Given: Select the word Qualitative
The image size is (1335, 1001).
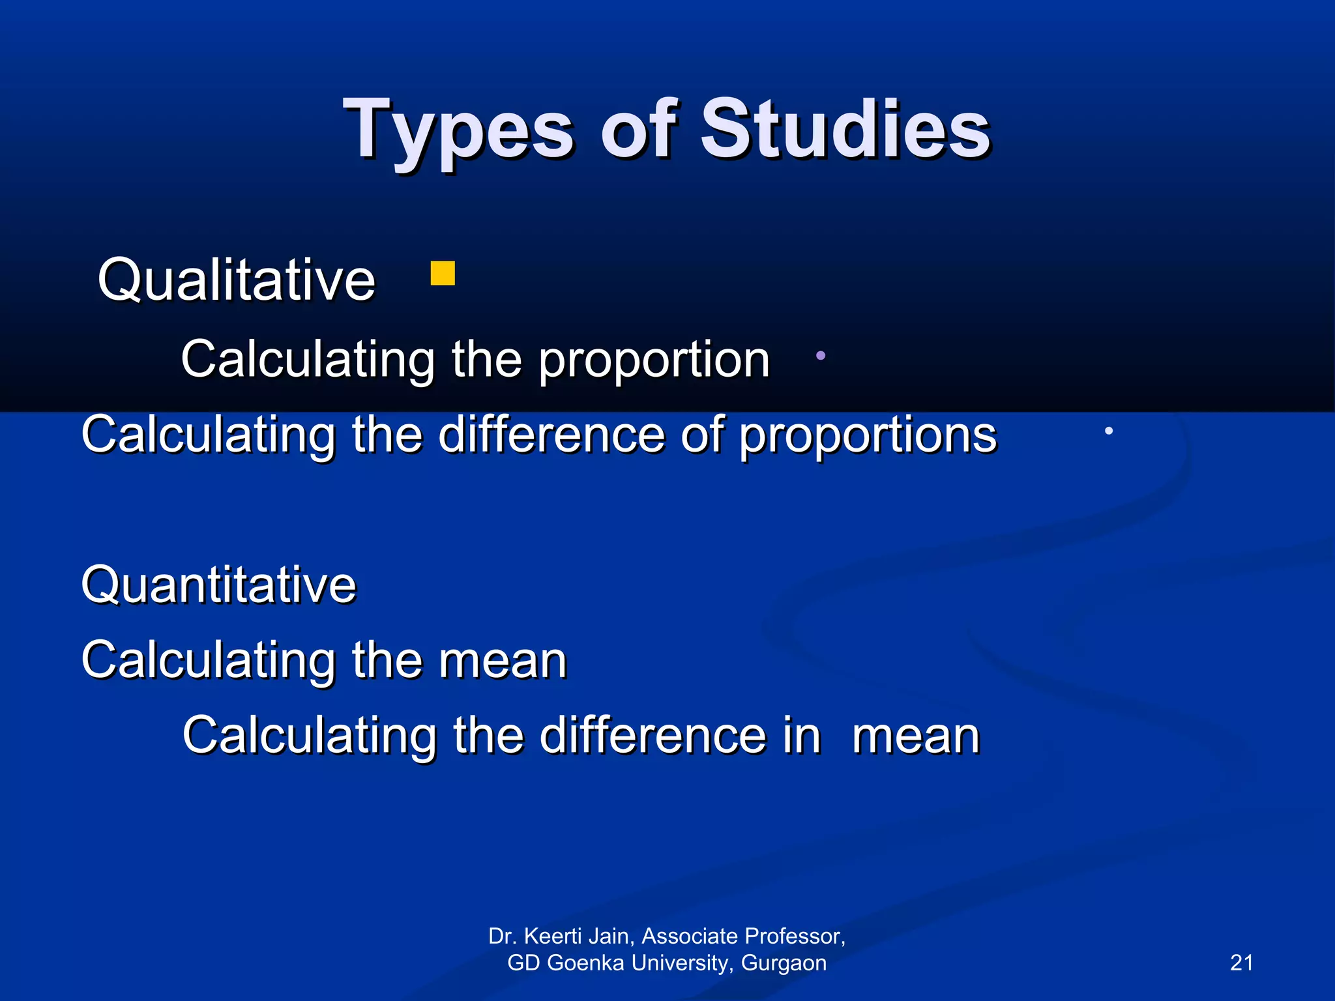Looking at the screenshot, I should [237, 280].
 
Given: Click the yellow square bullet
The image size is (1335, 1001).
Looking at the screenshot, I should [443, 274].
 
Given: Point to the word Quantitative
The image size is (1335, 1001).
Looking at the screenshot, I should [219, 585].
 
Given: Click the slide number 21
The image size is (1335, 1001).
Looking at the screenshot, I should [1241, 963].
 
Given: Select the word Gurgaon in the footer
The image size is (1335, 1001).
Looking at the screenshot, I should [784, 963].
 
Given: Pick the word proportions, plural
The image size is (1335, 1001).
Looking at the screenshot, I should [868, 435].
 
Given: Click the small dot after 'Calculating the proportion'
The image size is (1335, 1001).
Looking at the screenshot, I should [821, 356].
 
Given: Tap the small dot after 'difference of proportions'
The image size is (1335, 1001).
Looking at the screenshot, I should [1108, 431].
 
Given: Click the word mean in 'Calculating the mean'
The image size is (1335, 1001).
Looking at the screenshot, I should [503, 660].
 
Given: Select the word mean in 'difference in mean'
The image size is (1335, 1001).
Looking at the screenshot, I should [916, 736].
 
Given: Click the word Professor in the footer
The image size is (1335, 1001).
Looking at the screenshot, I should [795, 936].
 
